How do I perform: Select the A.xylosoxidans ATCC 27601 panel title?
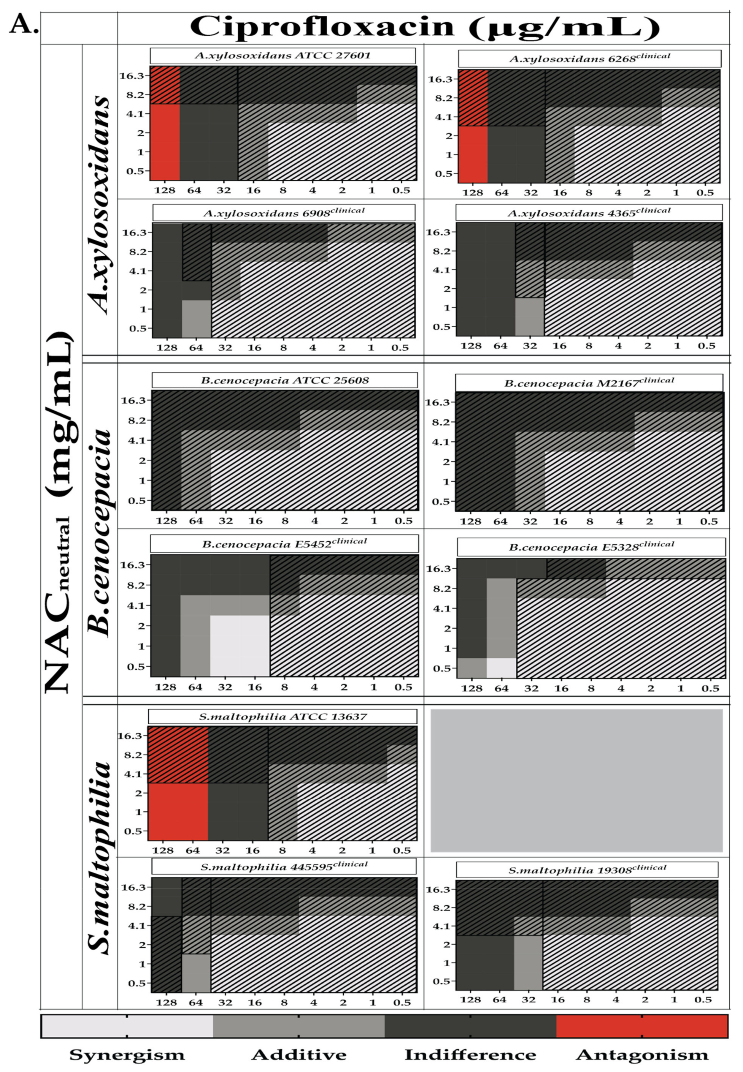pyautogui.click(x=282, y=56)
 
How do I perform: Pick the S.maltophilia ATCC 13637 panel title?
pyautogui.click(x=282, y=717)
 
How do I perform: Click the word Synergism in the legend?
pyautogui.click(x=127, y=1054)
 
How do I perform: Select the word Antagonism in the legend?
pyautogui.click(x=642, y=1054)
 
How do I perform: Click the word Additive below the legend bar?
pyautogui.click(x=299, y=1054)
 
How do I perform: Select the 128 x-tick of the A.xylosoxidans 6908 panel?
pyautogui.click(x=167, y=347)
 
